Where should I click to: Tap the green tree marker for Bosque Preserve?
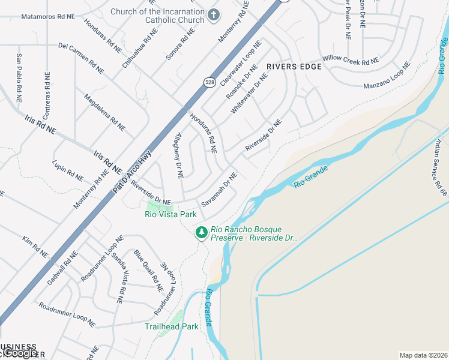tap(202, 232)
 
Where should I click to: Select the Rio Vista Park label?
tap(171, 214)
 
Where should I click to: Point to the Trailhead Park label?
tap(172, 327)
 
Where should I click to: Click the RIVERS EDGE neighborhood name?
tap(291, 67)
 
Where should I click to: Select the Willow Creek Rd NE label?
tap(351, 61)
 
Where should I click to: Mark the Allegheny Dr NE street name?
tap(178, 155)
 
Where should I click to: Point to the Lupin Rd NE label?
tap(68, 171)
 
